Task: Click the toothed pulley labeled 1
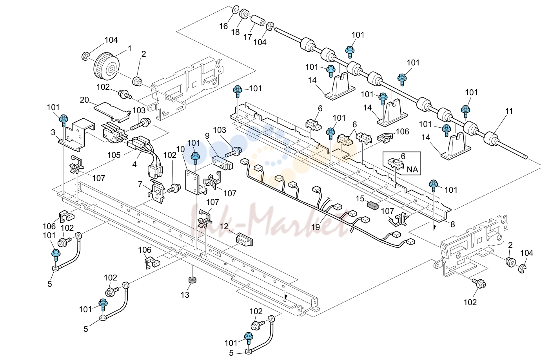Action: click(x=106, y=68)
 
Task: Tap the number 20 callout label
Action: click(x=85, y=100)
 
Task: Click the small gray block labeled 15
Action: click(x=373, y=206)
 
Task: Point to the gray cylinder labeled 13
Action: click(x=192, y=280)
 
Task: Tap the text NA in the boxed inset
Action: click(x=412, y=170)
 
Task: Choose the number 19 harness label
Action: click(x=316, y=227)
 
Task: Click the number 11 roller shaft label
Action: click(x=509, y=111)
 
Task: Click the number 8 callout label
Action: click(x=453, y=224)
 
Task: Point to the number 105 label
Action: click(x=114, y=155)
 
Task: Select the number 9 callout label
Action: click(x=207, y=136)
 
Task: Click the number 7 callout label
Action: click(x=140, y=184)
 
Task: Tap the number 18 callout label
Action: click(x=235, y=32)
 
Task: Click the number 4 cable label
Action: click(x=134, y=165)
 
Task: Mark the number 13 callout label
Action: click(x=185, y=295)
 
